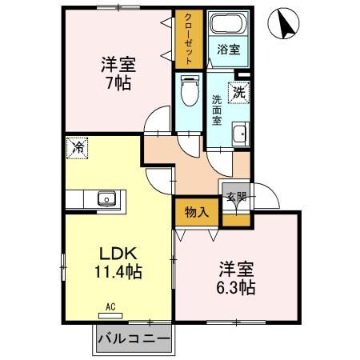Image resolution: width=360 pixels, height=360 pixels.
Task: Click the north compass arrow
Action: tap(286, 24)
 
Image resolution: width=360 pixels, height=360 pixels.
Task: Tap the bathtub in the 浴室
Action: tap(227, 26)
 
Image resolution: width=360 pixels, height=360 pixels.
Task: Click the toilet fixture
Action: tap(189, 91)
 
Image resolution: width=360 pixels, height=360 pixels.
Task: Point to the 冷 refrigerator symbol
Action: tap(78, 147)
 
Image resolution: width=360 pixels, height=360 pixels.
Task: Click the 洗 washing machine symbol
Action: tap(238, 92)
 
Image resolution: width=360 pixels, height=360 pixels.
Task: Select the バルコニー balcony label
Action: tap(134, 339)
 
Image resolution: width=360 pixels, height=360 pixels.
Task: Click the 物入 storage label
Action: tap(196, 212)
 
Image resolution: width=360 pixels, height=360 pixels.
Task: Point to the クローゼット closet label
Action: tap(188, 39)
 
